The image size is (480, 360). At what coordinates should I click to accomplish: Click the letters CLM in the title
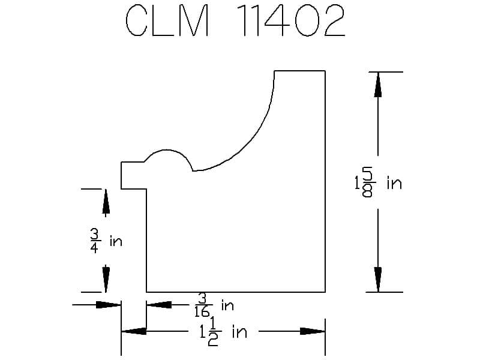[x=167, y=21]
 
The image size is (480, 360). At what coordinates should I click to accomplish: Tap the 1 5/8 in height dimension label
[x=378, y=183]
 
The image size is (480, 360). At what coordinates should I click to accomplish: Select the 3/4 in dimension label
[x=106, y=242]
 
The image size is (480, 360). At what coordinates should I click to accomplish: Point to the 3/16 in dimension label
[x=214, y=305]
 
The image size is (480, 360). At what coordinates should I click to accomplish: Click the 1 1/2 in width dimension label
[x=223, y=332]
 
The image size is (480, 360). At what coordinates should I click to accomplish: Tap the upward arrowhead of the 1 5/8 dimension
[x=378, y=85]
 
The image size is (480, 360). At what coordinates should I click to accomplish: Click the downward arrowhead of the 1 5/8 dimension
[x=378, y=280]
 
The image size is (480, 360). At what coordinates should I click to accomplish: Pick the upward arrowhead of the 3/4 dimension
[x=106, y=201]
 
